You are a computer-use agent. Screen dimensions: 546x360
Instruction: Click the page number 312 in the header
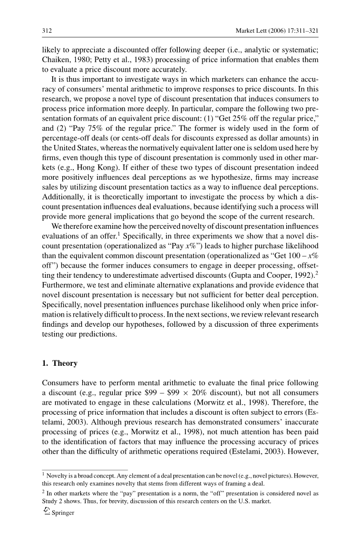[x=47, y=31]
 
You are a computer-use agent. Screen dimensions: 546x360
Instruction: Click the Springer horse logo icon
[x=46, y=512]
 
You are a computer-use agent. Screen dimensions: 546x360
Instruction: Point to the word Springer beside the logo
[x=63, y=513]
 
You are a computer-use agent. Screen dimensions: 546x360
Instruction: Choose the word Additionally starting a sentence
[x=64, y=202]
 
